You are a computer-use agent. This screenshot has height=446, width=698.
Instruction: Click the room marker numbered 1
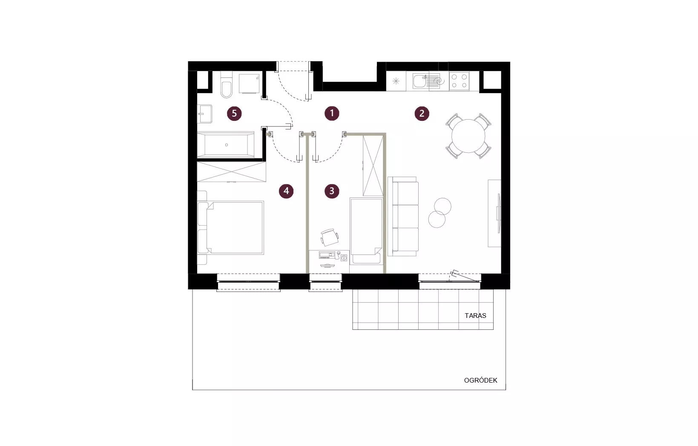(x=332, y=113)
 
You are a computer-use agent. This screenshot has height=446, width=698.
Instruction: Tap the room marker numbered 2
(x=422, y=113)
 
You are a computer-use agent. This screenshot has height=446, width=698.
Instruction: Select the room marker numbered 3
(x=332, y=191)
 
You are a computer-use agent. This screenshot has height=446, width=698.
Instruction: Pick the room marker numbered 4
(x=286, y=191)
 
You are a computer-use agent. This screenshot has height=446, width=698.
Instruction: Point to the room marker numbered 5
(x=234, y=113)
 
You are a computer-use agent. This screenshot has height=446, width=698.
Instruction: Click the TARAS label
(x=475, y=315)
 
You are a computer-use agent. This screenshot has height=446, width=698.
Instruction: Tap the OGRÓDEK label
(x=480, y=380)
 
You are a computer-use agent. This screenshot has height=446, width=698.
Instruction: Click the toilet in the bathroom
(x=226, y=85)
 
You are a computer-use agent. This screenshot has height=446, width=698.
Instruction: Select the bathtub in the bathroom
(x=226, y=145)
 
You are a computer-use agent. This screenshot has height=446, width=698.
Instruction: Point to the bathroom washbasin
(x=205, y=114)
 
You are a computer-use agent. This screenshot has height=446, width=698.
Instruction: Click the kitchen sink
(x=420, y=81)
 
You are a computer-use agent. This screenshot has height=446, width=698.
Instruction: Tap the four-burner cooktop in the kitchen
(x=460, y=81)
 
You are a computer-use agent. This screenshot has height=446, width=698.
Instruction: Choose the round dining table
(x=468, y=136)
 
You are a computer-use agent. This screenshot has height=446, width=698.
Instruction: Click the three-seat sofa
(x=403, y=217)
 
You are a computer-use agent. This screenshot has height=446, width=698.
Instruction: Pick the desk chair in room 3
(x=329, y=237)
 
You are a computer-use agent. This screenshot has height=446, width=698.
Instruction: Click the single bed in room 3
(x=366, y=231)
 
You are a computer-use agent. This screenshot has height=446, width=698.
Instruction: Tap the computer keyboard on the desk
(x=327, y=255)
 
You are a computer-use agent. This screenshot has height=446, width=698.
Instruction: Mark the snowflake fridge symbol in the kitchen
(x=396, y=81)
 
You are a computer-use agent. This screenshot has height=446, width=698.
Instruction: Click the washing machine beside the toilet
(x=249, y=83)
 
